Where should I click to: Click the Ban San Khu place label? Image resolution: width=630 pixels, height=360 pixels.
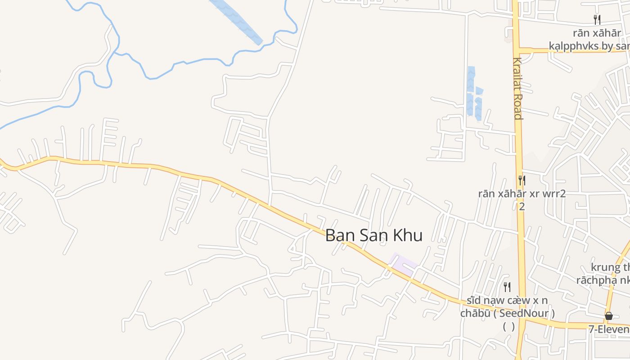tap(373, 235)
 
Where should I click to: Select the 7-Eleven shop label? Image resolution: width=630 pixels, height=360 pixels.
tap(609, 329)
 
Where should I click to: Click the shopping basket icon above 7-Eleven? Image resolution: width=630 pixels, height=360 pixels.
tap(609, 316)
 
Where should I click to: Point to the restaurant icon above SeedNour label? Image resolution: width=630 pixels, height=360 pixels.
tap(507, 287)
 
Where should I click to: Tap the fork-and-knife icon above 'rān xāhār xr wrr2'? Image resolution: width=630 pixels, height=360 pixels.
tap(522, 180)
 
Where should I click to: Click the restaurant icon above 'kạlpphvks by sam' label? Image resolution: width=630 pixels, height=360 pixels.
tap(597, 20)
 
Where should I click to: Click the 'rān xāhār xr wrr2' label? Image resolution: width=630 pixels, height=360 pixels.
tap(522, 194)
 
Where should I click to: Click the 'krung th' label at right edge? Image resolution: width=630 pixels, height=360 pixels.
tap(610, 267)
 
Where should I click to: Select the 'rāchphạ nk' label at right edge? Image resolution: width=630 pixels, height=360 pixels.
tap(603, 280)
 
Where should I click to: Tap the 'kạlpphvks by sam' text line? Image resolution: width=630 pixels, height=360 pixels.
tap(589, 46)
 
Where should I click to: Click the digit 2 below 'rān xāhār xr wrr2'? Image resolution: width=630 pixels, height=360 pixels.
tap(522, 207)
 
